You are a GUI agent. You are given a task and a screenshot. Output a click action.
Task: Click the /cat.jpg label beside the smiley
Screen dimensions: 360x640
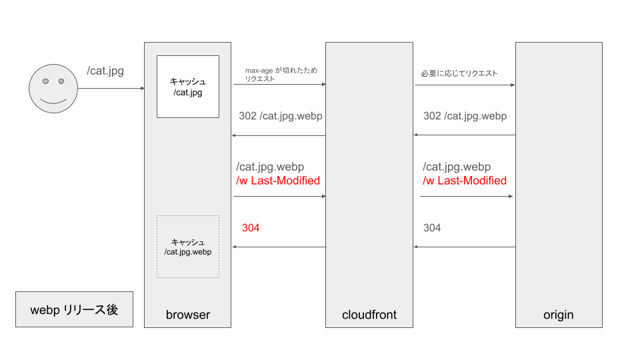click(105, 70)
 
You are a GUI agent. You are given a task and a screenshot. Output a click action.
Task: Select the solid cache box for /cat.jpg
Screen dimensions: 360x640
click(187, 87)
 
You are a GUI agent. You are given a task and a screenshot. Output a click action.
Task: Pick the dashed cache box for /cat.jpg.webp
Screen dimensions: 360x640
click(187, 246)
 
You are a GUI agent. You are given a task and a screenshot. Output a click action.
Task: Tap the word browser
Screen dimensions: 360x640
click(187, 315)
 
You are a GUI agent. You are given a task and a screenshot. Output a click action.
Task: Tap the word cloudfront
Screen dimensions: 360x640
click(369, 315)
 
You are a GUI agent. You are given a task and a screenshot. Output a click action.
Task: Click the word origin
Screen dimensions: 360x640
click(558, 315)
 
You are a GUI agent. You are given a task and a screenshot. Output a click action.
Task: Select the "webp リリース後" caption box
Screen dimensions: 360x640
click(74, 309)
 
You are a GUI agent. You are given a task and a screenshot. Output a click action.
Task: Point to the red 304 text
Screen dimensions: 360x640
click(251, 228)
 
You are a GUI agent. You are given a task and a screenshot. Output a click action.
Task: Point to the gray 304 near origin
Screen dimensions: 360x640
click(432, 228)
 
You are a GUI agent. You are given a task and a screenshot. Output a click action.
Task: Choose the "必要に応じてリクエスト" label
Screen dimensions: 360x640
click(459, 73)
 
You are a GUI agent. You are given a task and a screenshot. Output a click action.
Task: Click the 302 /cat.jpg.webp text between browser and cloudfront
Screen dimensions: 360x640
click(280, 116)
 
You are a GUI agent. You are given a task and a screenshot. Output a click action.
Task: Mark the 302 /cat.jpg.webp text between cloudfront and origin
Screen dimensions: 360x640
click(465, 116)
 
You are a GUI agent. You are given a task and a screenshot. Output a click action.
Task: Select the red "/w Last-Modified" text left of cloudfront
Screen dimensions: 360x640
click(278, 181)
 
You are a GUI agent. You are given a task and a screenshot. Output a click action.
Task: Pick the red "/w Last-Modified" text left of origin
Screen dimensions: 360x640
click(465, 181)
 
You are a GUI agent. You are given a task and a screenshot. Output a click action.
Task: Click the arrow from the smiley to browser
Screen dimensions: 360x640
click(111, 89)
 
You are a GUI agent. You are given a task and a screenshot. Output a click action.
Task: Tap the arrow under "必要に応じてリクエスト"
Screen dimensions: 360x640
click(465, 85)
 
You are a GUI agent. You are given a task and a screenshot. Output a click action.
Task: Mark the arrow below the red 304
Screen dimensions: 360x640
click(278, 247)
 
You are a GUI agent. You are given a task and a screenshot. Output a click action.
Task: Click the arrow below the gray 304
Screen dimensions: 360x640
click(465, 247)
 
